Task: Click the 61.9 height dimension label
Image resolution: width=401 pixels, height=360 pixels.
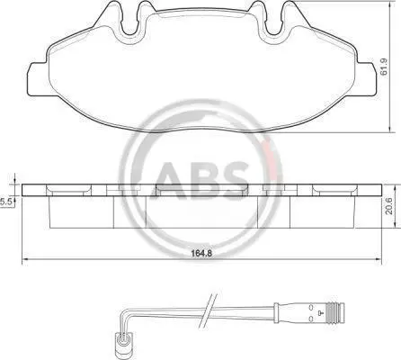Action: click(x=384, y=67)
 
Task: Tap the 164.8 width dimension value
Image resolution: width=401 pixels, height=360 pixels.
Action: click(x=201, y=254)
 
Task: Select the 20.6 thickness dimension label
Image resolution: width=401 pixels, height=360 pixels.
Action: click(x=388, y=207)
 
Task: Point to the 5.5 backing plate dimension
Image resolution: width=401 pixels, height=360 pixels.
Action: click(x=5, y=202)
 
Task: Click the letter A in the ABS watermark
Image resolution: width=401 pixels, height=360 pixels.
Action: click(x=169, y=181)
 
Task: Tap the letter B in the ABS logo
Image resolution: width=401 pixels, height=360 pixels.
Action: click(x=204, y=181)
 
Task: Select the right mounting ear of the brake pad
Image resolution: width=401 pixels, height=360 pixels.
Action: click(x=366, y=79)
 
